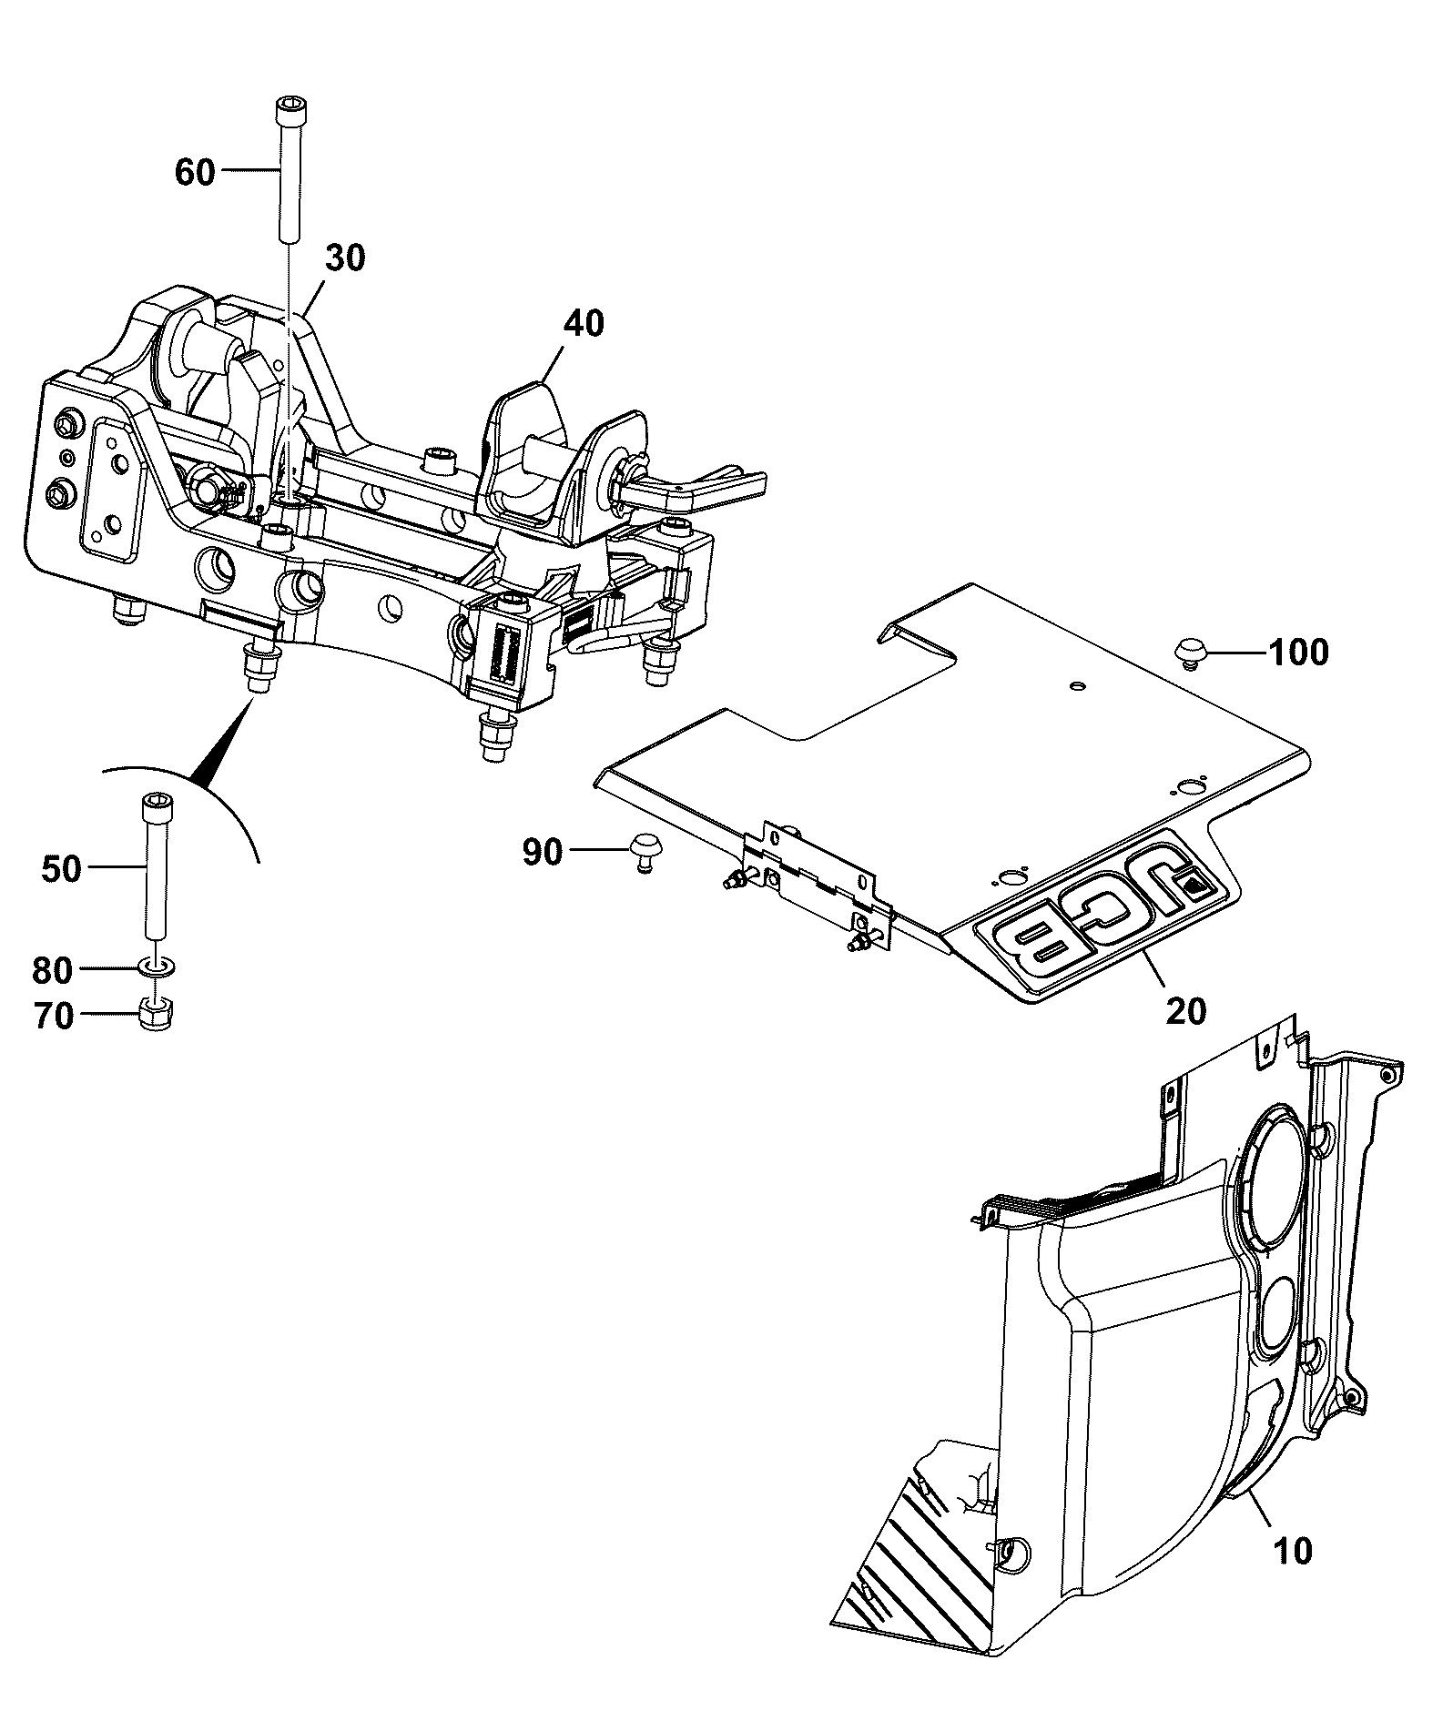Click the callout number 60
[x=195, y=171]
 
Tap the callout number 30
[x=345, y=258]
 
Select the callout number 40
[x=583, y=323]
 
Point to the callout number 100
[x=1298, y=653]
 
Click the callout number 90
[x=543, y=853]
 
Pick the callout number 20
[x=1185, y=1010]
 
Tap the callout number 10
[x=1293, y=1550]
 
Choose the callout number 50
[x=61, y=869]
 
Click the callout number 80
[x=52, y=970]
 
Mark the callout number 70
[x=54, y=1015]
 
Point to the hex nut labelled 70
[x=157, y=1015]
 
